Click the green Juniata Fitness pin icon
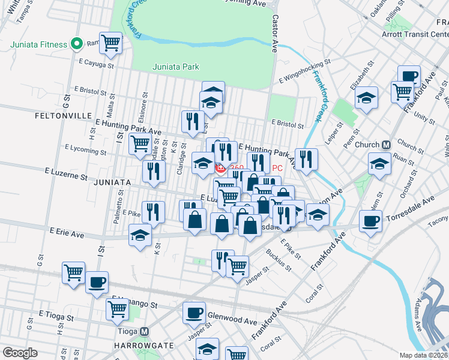click(x=76, y=44)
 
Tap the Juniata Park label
click(x=176, y=67)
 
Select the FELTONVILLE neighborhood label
click(x=63, y=115)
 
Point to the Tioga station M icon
click(x=144, y=331)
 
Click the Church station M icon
click(x=387, y=145)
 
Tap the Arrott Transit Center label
click(x=414, y=34)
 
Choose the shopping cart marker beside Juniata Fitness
click(x=110, y=43)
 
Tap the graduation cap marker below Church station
click(x=379, y=164)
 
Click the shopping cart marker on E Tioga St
click(x=117, y=309)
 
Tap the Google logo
click(x=19, y=353)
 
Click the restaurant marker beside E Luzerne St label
click(x=154, y=171)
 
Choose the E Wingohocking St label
click(x=305, y=70)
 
